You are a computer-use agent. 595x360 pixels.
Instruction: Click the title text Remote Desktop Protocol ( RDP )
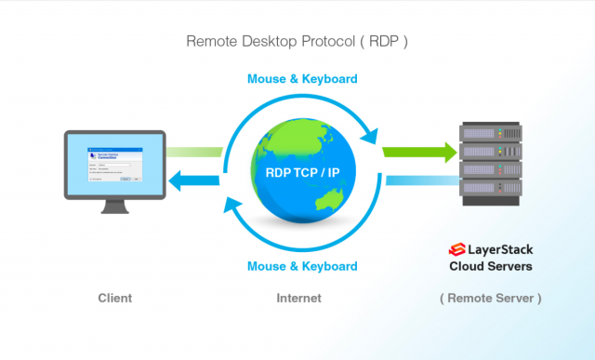click(x=297, y=41)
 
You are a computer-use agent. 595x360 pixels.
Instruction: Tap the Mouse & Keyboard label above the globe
click(x=302, y=78)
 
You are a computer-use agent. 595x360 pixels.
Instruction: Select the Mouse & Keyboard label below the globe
click(x=302, y=266)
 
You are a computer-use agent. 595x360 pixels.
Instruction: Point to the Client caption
click(x=115, y=299)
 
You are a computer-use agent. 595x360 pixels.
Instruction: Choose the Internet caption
click(x=298, y=299)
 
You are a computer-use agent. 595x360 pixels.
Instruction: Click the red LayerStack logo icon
click(x=456, y=249)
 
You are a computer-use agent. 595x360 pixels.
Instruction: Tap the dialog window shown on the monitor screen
click(x=115, y=165)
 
